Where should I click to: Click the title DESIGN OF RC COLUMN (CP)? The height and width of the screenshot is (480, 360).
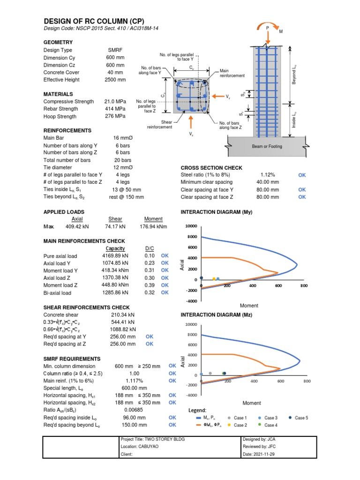tap(94, 22)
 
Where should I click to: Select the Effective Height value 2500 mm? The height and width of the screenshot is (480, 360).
tap(116, 80)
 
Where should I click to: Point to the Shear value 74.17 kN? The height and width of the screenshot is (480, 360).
tap(115, 227)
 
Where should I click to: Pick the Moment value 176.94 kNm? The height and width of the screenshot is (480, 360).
tap(153, 227)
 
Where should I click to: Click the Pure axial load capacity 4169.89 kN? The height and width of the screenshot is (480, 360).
tap(118, 256)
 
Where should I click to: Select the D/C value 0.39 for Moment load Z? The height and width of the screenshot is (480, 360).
tap(150, 285)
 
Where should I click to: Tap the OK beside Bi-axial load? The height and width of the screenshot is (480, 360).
tap(165, 292)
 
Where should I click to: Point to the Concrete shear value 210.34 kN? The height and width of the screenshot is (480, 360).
tap(122, 315)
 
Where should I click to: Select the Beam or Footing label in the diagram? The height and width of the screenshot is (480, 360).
tap(267, 146)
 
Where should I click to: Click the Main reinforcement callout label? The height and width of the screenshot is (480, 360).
tap(232, 73)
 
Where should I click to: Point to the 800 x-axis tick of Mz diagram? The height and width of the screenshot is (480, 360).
tap(307, 382)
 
